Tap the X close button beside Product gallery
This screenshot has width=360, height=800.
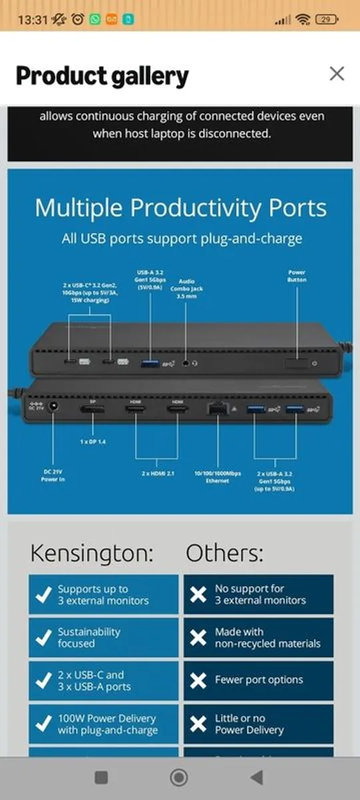337,73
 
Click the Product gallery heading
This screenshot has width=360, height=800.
102,76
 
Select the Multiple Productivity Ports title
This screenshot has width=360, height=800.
181,208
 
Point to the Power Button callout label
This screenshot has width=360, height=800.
297,276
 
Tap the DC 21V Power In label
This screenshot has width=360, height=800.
53,475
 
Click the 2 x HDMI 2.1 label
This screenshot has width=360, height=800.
157,473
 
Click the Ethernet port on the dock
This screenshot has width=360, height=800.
217,409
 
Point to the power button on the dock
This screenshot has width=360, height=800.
297,363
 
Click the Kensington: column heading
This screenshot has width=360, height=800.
91,553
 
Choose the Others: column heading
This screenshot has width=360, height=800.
224,553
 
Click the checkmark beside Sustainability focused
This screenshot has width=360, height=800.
43,638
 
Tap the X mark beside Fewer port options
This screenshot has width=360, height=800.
198,681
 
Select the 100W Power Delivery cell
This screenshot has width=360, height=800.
103,724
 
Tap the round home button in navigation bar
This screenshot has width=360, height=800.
179,777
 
